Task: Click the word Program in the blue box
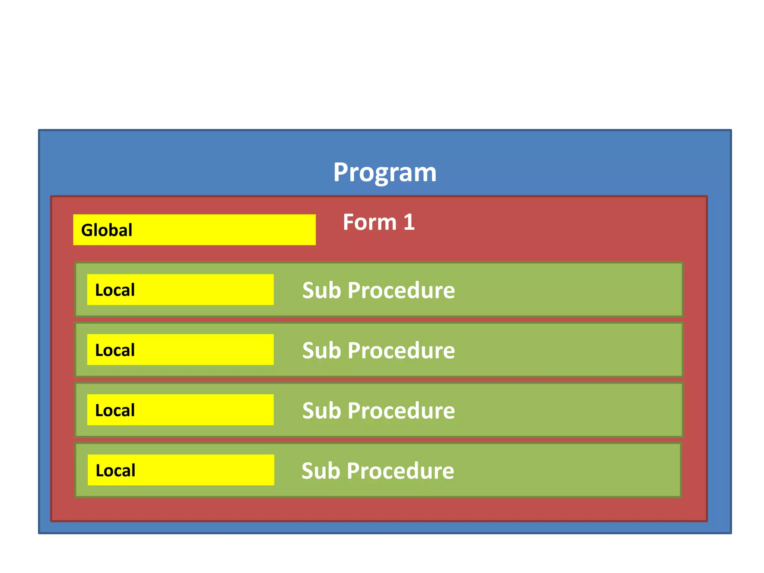click(385, 172)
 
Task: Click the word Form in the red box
click(369, 222)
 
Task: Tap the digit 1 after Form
click(409, 222)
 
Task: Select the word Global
click(107, 230)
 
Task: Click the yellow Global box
click(224, 230)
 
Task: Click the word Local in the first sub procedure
click(115, 290)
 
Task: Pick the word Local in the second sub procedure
click(115, 350)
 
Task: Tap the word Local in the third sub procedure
click(115, 410)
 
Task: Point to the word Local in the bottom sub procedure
click(116, 470)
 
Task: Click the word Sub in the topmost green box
click(322, 290)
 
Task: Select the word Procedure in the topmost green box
click(401, 290)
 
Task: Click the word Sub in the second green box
click(322, 351)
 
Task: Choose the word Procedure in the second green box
click(401, 351)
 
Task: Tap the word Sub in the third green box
click(322, 411)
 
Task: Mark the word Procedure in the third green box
click(401, 411)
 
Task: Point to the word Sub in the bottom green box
click(321, 471)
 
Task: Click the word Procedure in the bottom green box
click(400, 471)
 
